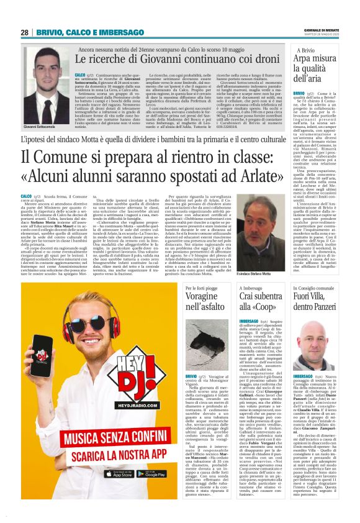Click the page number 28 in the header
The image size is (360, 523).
pos(24,32)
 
